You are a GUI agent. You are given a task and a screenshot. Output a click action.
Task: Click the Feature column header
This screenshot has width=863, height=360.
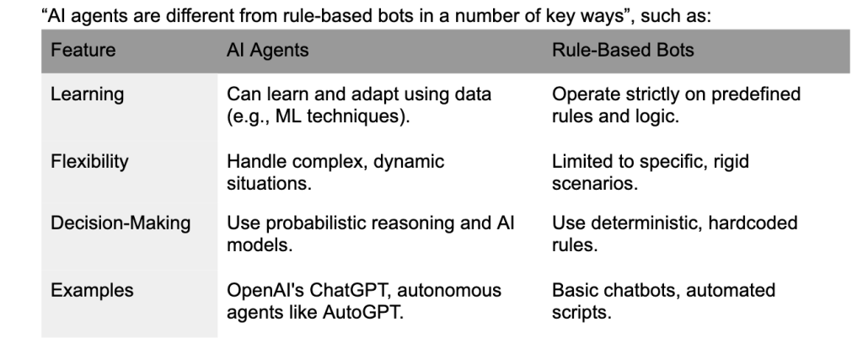pos(83,50)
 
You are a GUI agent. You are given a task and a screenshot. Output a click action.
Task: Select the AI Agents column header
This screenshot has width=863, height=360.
pos(267,51)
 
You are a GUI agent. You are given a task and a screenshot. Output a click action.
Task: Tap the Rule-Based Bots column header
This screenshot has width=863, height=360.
pos(623,50)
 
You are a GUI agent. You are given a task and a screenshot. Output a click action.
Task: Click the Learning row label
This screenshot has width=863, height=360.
pos(87,94)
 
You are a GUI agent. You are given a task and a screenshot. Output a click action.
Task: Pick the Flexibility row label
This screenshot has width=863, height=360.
pos(89,162)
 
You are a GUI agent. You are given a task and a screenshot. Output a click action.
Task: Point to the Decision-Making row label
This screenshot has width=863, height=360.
pos(121,223)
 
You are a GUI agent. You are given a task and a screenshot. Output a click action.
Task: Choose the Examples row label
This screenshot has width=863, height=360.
pos(92,291)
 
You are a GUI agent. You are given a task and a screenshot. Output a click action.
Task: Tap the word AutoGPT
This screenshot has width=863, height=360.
pos(362,313)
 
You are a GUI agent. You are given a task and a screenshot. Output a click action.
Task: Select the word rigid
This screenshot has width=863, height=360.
pos(731,162)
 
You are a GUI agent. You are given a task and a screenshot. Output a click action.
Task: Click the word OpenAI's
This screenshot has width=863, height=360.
pos(265,291)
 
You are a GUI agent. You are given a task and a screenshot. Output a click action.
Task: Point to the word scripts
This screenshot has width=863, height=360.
pos(582,313)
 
